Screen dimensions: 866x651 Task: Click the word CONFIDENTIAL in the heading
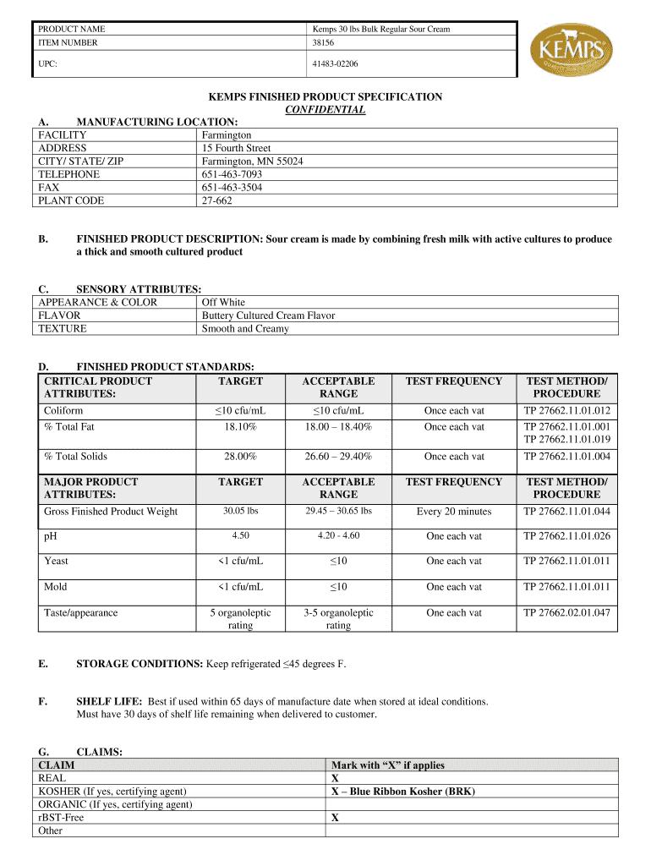(x=325, y=110)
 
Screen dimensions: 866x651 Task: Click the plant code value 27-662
(x=216, y=200)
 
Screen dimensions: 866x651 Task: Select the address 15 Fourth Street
(x=236, y=148)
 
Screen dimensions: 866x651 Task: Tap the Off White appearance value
(x=223, y=302)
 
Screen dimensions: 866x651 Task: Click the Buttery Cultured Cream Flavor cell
(x=268, y=315)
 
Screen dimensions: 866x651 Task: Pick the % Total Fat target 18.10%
(x=240, y=427)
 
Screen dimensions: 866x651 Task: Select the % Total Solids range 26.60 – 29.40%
(x=338, y=457)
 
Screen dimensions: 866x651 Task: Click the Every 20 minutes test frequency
(x=454, y=512)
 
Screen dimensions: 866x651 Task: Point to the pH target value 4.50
(x=240, y=536)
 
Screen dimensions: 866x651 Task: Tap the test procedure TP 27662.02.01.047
(x=567, y=612)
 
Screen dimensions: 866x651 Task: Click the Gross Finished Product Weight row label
(x=111, y=512)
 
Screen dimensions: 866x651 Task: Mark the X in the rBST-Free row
(x=336, y=818)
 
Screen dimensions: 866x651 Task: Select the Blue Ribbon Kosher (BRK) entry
(x=403, y=792)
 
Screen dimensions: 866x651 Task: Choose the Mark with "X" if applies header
(x=388, y=765)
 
